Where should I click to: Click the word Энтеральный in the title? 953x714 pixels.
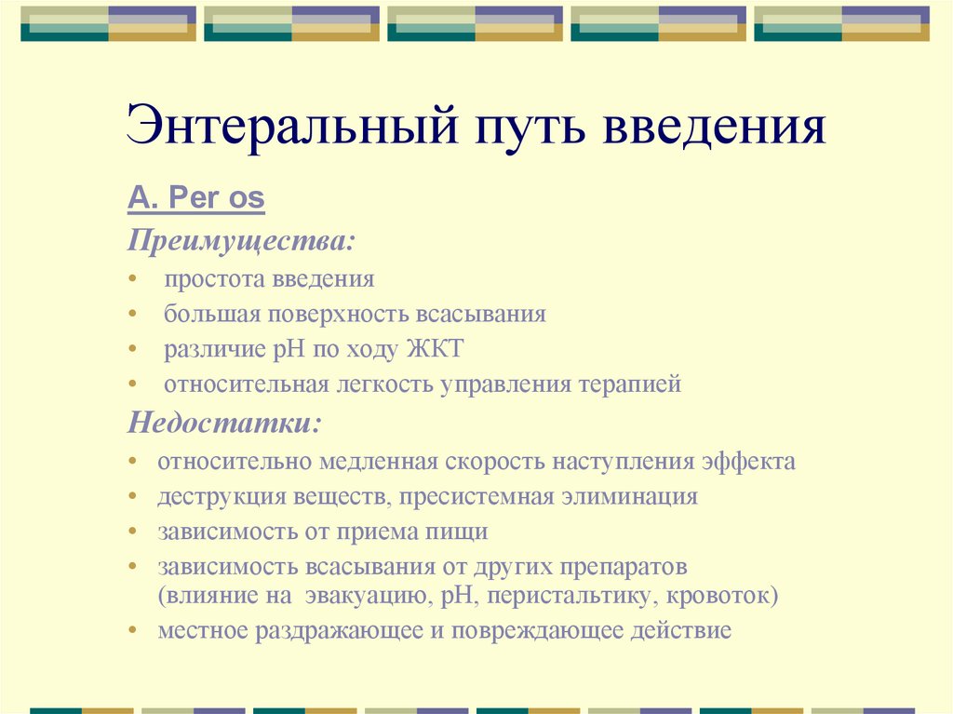289,127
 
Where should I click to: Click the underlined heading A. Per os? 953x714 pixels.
196,197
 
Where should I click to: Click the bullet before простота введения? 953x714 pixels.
135,279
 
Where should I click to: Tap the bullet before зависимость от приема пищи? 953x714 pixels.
135,532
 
